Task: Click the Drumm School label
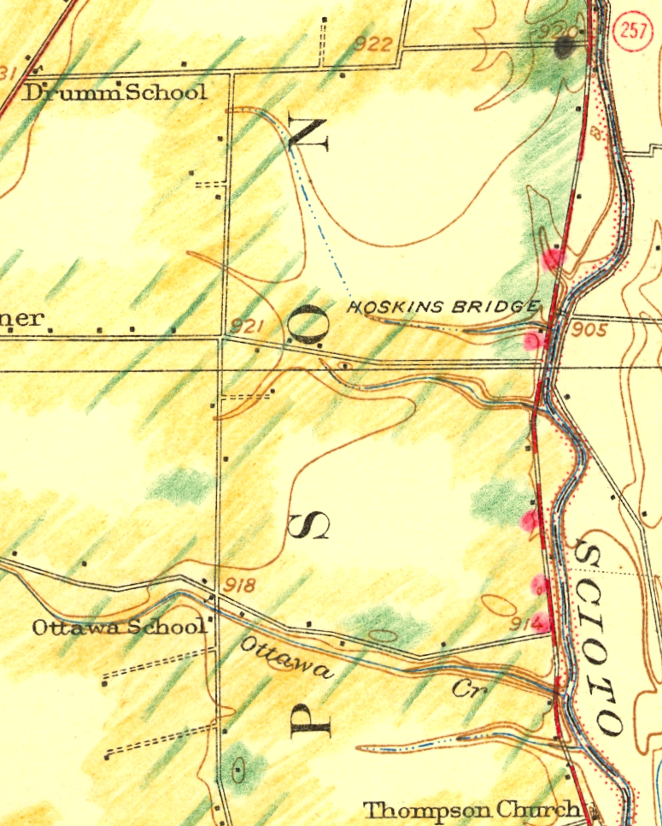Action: tap(114, 92)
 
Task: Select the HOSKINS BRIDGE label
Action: tap(443, 307)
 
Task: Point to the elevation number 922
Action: tap(374, 44)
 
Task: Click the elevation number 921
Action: tap(244, 326)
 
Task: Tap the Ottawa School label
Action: tap(119, 627)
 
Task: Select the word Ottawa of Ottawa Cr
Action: tap(286, 658)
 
